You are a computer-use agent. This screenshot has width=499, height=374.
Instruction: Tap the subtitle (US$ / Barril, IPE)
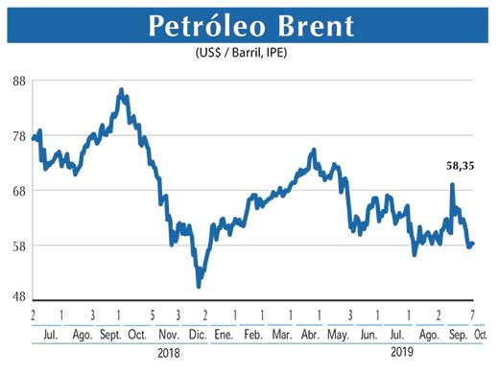(x=249, y=54)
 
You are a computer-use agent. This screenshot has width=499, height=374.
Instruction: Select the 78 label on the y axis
(x=17, y=135)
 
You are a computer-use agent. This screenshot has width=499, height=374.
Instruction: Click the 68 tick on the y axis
(x=17, y=190)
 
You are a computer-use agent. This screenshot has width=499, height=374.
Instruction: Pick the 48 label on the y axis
(x=17, y=296)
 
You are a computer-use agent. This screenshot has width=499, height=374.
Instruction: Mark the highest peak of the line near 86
(x=121, y=90)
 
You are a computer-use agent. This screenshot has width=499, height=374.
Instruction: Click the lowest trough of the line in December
(x=199, y=285)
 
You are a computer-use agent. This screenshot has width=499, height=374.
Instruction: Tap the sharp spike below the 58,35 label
(x=452, y=185)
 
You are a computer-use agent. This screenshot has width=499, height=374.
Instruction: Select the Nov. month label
(x=168, y=335)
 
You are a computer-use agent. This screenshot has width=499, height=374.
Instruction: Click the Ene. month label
(x=224, y=335)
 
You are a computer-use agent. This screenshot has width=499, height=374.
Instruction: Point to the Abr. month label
(x=310, y=335)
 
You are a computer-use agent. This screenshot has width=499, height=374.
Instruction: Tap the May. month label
(x=338, y=335)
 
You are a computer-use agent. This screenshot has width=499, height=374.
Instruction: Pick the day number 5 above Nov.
(x=153, y=315)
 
